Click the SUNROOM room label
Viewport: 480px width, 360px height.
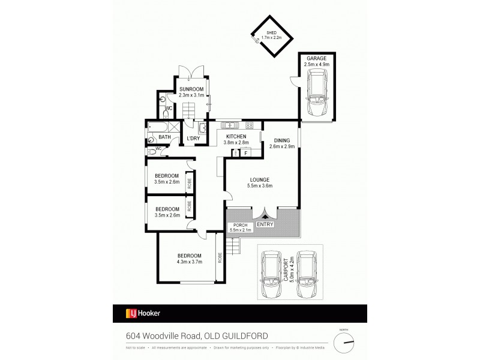(192, 92)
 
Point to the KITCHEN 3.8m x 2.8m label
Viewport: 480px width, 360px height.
(235, 140)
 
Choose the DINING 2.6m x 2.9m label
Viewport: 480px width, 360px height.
(281, 143)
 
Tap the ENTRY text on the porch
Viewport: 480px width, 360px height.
(265, 224)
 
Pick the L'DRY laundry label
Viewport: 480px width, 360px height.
(193, 139)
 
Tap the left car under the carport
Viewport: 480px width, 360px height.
(273, 274)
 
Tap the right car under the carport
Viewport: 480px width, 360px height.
(305, 274)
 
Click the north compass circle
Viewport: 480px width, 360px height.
(344, 343)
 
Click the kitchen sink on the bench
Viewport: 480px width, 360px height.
(229, 125)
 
